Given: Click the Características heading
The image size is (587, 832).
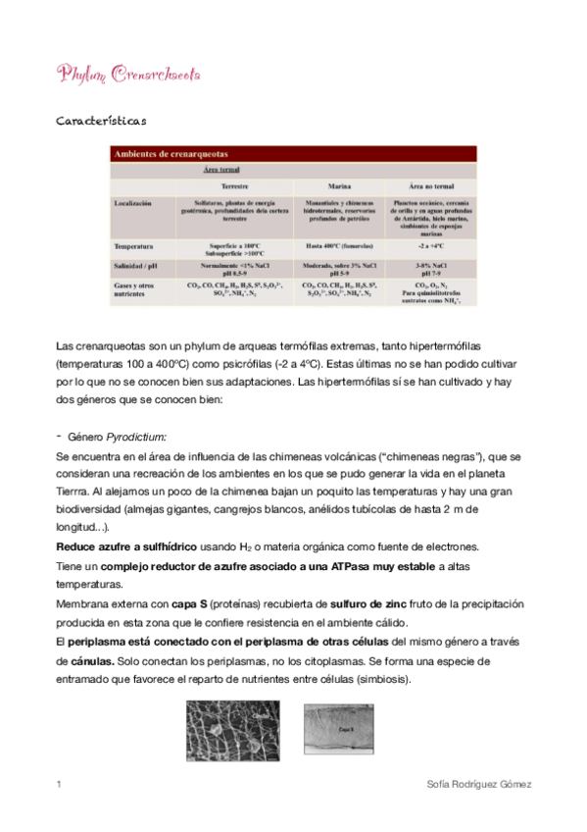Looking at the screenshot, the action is (102, 122).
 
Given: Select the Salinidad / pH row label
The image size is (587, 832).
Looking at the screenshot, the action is (139, 265).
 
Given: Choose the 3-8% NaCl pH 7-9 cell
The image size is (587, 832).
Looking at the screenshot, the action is (431, 268).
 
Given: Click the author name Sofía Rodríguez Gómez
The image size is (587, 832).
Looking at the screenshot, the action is (476, 785).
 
